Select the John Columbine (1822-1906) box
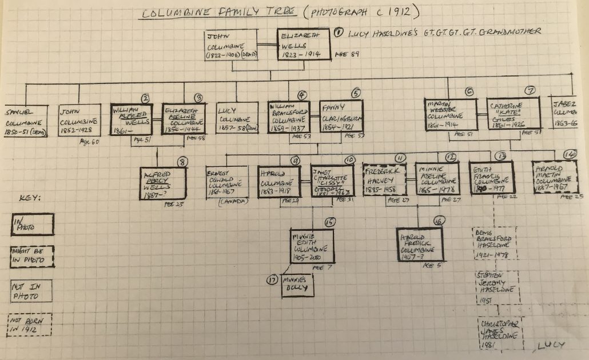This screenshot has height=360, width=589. pos(231,45)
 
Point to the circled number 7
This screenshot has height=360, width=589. pos(529,90)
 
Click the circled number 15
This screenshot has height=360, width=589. pos(329,222)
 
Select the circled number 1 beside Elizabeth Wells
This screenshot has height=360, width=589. pos(339,33)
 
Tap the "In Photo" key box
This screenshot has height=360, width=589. pos(33,225)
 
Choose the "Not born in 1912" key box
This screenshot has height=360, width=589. pos(33,327)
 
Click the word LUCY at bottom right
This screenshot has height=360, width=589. pos(551,345)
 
